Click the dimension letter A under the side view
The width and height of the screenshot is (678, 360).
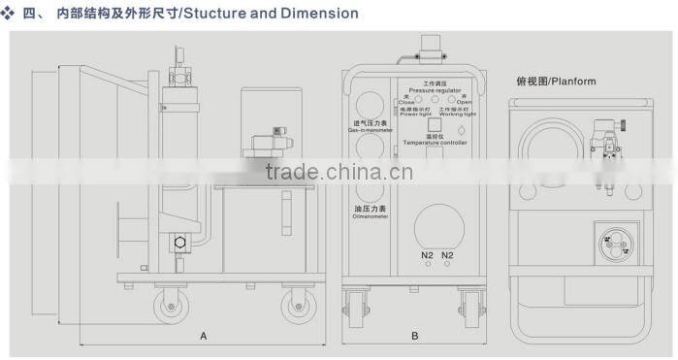pyautogui.click(x=204, y=336)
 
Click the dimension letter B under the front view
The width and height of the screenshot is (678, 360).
pyautogui.click(x=414, y=336)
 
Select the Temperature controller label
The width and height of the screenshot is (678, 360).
pyautogui.click(x=435, y=143)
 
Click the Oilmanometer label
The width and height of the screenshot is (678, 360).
pyautogui.click(x=368, y=215)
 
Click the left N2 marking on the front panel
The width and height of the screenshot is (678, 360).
pyautogui.click(x=427, y=255)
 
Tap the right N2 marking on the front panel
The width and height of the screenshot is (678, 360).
pyautogui.click(x=447, y=255)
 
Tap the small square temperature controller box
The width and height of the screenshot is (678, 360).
pyautogui.click(x=435, y=124)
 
